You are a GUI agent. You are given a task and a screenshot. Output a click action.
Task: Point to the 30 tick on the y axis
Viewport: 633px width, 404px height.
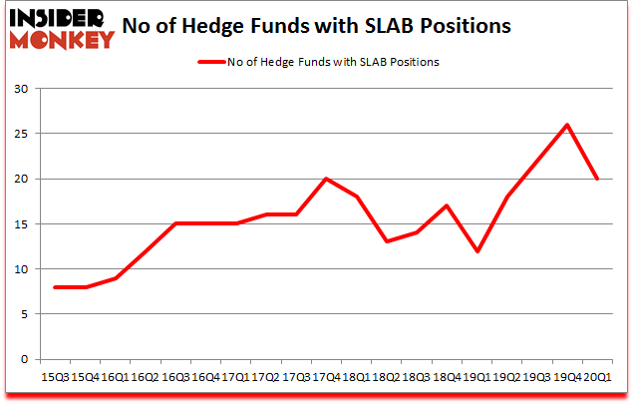pyautogui.click(x=20, y=89)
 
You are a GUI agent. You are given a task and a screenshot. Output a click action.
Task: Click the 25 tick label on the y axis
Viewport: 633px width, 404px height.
pyautogui.click(x=20, y=134)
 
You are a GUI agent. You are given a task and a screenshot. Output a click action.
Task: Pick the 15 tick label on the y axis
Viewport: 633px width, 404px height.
pyautogui.click(x=20, y=224)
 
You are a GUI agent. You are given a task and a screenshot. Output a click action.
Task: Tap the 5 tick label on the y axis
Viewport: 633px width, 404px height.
pyautogui.click(x=23, y=314)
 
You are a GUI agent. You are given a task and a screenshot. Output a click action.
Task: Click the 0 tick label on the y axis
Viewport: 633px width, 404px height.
pyautogui.click(x=23, y=359)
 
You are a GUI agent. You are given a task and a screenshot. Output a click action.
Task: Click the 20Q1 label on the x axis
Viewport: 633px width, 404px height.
pyautogui.click(x=596, y=376)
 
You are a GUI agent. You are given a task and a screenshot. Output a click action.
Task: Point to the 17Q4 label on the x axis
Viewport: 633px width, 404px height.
pyautogui.click(x=325, y=376)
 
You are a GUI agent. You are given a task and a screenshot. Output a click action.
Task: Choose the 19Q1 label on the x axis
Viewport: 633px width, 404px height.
pyautogui.click(x=475, y=376)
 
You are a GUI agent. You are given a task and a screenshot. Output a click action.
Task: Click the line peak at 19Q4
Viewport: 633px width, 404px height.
pyautogui.click(x=566, y=125)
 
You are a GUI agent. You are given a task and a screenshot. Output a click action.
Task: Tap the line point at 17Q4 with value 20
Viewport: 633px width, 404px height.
pyautogui.click(x=325, y=179)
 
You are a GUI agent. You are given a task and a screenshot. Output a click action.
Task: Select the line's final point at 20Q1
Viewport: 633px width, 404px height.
pyautogui.click(x=596, y=179)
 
